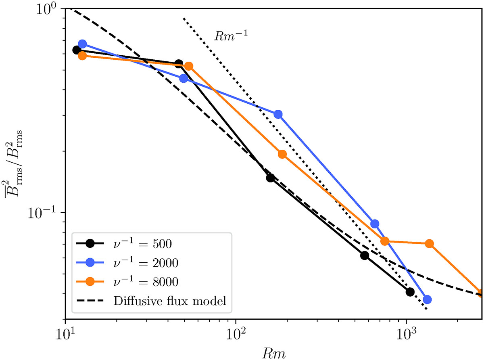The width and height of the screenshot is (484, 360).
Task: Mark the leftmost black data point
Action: coord(76,50)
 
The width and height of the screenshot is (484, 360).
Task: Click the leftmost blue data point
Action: coord(82,44)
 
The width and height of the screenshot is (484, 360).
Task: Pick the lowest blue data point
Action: coord(427,299)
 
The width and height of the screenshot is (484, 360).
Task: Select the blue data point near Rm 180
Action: coord(278,114)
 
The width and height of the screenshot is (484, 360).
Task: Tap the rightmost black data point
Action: coord(410,292)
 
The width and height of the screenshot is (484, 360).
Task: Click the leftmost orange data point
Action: coord(82,56)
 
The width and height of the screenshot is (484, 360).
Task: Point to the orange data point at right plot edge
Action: coord(480,293)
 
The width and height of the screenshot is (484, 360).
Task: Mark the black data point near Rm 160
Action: coord(270,178)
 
